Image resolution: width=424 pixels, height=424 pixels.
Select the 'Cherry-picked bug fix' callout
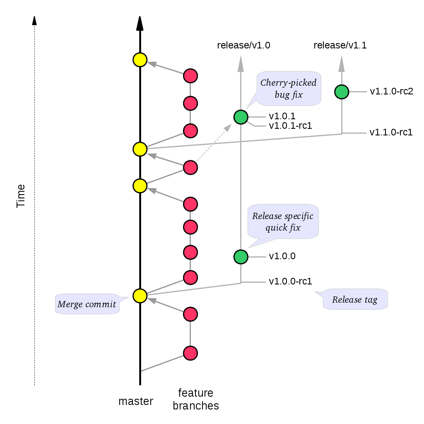tap(288, 89)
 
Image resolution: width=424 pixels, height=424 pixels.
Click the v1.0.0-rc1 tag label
tap(290, 282)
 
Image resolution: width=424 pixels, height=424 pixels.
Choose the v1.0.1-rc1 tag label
tap(290, 125)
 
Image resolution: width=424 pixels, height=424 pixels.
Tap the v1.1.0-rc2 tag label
tap(392, 91)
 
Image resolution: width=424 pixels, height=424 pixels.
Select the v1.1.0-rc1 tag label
tap(391, 133)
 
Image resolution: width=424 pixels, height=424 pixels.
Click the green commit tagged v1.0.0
tap(241, 257)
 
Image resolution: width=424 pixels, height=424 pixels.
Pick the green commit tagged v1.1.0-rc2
tap(342, 92)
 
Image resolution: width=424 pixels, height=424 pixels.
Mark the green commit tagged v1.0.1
tap(241, 117)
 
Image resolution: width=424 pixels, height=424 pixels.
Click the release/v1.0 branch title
tap(243, 46)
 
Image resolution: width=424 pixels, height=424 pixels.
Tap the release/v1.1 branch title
tap(340, 46)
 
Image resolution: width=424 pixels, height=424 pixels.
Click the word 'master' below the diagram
tap(136, 401)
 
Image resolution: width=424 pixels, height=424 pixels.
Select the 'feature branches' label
tap(195, 399)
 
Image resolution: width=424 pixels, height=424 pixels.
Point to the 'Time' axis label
tap(21, 196)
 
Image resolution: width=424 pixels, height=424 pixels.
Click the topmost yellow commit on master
tap(140, 60)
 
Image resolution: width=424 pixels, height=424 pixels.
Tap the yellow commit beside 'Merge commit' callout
tap(140, 295)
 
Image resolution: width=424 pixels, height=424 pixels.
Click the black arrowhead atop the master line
tap(140, 24)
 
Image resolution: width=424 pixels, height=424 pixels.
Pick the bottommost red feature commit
tap(190, 353)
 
